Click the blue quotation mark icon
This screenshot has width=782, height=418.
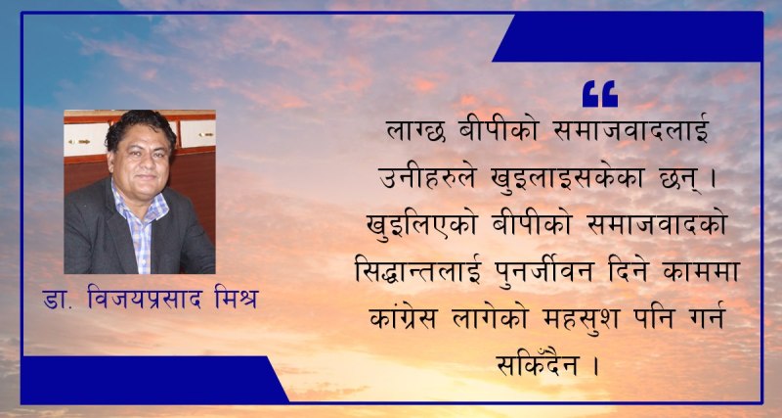[600, 94]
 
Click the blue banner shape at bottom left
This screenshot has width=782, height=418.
[147, 380]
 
